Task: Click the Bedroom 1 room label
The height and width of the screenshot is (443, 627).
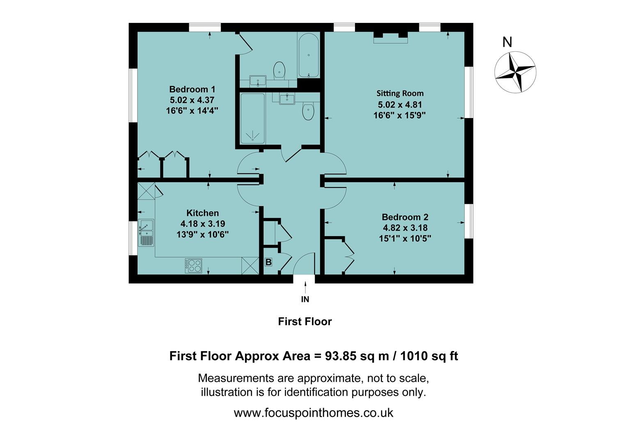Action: coord(192,89)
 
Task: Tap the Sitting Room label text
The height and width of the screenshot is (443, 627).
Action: coord(400,94)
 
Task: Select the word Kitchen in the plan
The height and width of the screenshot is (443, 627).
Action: coord(202,213)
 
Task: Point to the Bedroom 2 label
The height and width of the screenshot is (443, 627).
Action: coord(405,217)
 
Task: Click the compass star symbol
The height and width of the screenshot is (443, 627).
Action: coord(515,72)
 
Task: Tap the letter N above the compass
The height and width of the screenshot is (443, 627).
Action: coord(507,42)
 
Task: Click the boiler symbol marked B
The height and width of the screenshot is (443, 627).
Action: coord(268,262)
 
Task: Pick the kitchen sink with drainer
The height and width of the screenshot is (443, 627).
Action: coord(146,233)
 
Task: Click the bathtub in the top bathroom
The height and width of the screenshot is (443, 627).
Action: coord(308,56)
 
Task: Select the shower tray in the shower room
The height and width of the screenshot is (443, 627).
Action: coord(252,119)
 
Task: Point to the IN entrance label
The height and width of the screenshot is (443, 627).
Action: coord(305,299)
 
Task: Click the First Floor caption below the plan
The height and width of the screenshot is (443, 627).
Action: coord(304,322)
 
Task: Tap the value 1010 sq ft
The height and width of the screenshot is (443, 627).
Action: coord(429,356)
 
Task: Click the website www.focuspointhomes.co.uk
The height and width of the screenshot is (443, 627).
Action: coord(313,413)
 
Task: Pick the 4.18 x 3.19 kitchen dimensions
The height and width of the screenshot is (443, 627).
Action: coord(202,224)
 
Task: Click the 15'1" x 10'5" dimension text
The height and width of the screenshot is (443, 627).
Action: coord(405,238)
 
